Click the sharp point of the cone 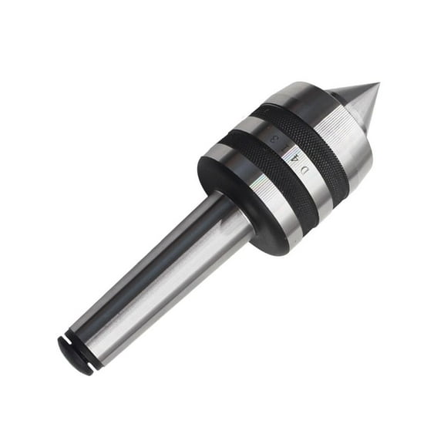tap(378, 84)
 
